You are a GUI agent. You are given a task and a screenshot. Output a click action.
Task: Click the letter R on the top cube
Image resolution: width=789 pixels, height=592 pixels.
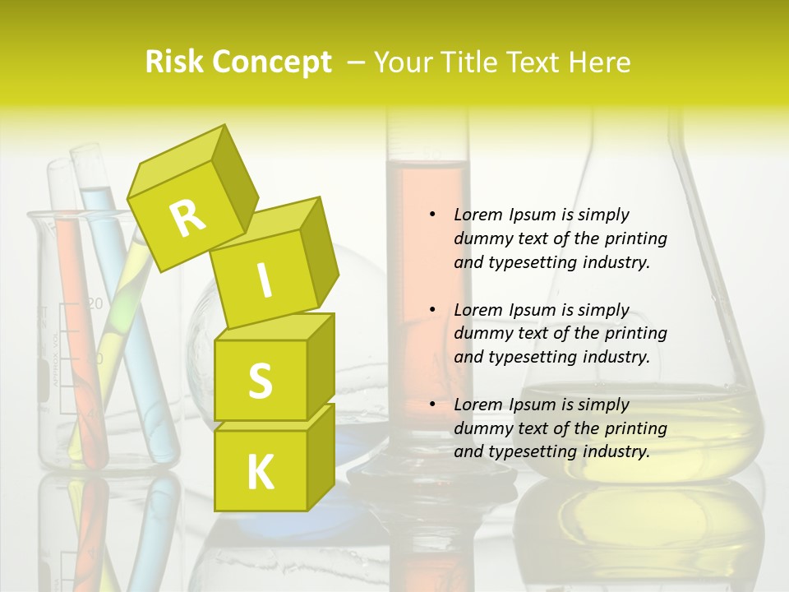point(187,218)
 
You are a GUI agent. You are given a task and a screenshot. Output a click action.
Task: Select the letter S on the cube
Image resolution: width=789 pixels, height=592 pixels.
point(260,381)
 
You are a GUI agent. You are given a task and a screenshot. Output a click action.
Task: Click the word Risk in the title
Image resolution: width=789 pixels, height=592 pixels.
point(173,62)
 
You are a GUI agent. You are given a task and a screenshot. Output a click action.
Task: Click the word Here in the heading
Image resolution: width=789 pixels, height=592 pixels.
point(601,62)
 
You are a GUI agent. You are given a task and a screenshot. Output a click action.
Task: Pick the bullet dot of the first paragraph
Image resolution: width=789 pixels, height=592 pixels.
point(432,215)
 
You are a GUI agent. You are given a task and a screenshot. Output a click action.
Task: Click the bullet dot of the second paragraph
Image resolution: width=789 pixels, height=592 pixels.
point(432,311)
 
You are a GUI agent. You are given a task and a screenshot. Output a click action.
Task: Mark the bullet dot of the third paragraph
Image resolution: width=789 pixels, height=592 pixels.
point(432,405)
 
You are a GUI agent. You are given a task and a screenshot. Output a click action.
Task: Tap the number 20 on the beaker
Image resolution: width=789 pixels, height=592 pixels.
point(95,304)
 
